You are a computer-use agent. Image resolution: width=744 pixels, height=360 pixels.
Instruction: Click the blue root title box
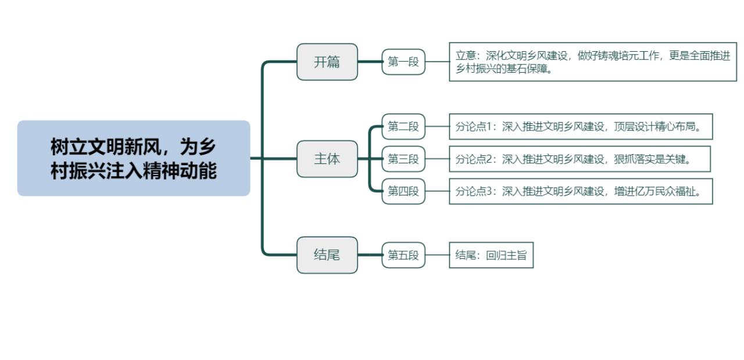[134, 158]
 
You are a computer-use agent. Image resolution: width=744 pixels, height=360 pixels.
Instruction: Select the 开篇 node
[327, 62]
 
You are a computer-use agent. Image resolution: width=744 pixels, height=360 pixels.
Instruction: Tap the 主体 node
[327, 159]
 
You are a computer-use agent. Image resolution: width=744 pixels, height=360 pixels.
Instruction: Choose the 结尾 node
[327, 255]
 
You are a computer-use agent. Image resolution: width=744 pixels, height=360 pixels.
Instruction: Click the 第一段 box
[403, 62]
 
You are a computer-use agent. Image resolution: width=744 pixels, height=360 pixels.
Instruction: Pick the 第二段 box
[403, 127]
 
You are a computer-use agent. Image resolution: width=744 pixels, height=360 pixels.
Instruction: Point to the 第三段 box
[403, 159]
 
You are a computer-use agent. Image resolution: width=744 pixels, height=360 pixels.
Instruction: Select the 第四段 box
[403, 191]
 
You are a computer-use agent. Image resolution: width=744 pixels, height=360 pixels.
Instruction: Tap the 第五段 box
[403, 255]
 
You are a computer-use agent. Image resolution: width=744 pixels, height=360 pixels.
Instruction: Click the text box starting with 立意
[593, 62]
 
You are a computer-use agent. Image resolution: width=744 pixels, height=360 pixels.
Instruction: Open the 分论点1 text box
[581, 127]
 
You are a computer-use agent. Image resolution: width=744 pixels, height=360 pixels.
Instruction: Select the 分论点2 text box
[580, 159]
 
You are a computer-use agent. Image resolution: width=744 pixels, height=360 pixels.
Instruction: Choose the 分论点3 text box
[581, 191]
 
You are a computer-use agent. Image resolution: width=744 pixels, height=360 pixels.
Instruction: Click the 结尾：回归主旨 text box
[491, 255]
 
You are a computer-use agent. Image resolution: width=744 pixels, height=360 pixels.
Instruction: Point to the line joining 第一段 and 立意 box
[437, 62]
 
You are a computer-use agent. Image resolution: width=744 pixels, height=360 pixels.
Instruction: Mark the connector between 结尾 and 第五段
[370, 255]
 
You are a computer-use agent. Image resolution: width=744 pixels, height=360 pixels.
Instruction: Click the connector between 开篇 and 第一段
[370, 62]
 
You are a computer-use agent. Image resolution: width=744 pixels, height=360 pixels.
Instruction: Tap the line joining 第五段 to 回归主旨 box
[437, 255]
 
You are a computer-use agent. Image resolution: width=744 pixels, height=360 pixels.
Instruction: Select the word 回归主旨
[506, 255]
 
